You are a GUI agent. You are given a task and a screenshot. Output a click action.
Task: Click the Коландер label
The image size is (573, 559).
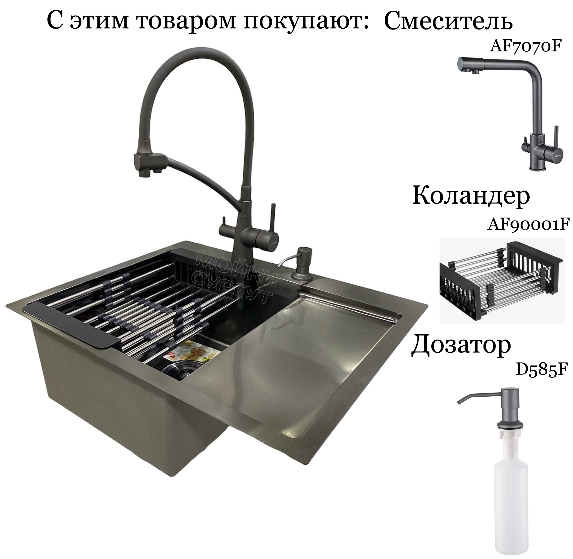pyautogui.click(x=471, y=196)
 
